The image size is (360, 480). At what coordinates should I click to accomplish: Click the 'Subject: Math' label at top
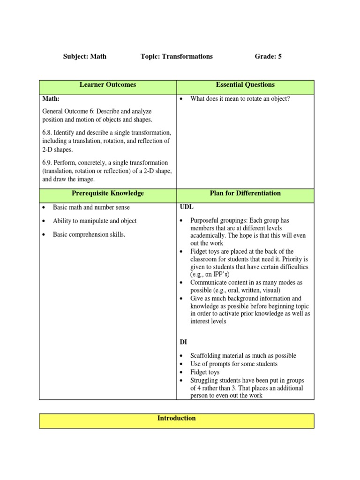coord(85,56)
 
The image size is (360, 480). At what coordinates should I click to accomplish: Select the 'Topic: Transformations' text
coord(176,56)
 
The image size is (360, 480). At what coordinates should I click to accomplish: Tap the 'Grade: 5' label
coord(268,56)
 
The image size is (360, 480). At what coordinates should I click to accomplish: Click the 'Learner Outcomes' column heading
coord(108,85)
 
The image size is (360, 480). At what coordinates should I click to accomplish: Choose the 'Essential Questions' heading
coord(245,85)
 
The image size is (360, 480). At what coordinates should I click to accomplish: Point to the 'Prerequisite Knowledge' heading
coord(108,193)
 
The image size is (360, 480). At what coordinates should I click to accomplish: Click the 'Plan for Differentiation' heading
coord(245,193)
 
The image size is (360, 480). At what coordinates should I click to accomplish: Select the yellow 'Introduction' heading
coord(177,418)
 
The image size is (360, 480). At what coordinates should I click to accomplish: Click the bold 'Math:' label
coord(51,99)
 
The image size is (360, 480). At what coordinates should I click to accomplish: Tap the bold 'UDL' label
coord(187,207)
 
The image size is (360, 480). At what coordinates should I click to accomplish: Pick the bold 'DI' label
coord(183,342)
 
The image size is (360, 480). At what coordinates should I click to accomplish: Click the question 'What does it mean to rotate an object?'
coord(240,99)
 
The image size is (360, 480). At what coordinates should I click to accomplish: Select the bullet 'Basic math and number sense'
coord(91,207)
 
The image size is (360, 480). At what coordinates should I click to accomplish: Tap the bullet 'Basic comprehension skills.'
coord(89,234)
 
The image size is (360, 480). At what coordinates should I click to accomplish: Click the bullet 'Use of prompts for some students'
coord(234,364)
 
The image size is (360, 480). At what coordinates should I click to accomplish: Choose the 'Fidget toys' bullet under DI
coord(205,372)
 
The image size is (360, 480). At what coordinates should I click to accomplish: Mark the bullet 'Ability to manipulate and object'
coord(95,221)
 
